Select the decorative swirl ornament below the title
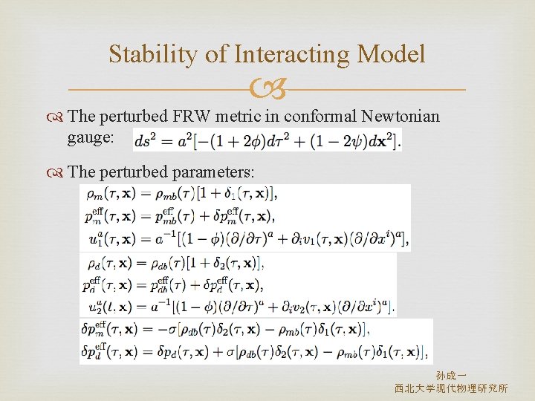(x=267, y=91)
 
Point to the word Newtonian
(x=401, y=117)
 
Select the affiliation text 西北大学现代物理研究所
(x=451, y=388)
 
